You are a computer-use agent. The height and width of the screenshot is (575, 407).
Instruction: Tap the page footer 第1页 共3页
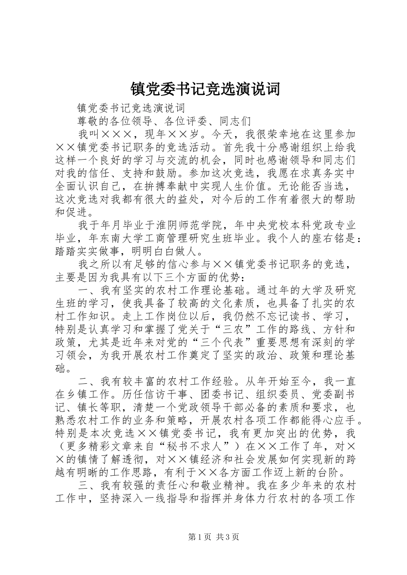pos(203,537)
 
